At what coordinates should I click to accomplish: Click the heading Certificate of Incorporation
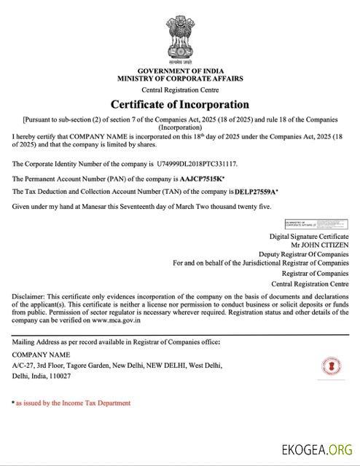(x=179, y=104)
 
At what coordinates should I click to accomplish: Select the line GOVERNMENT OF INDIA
(x=179, y=70)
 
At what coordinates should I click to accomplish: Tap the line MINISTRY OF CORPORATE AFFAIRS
(x=179, y=77)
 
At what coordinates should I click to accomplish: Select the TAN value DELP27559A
(x=256, y=191)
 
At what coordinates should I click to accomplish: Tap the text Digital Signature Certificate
(x=309, y=237)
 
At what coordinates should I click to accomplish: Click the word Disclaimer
(x=28, y=297)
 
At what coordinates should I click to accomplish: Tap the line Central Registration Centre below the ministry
(x=179, y=88)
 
